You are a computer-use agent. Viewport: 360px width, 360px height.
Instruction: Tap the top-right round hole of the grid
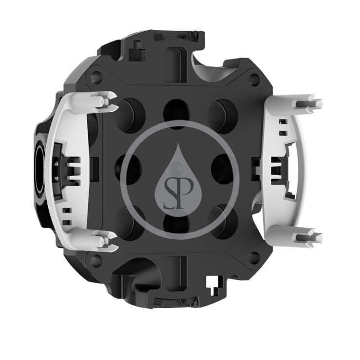223,112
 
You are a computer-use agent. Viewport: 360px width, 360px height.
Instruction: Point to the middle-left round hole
126,167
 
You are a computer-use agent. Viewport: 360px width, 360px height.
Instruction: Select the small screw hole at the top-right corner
255,78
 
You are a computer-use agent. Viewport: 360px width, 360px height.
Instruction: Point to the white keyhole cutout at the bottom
213,283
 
